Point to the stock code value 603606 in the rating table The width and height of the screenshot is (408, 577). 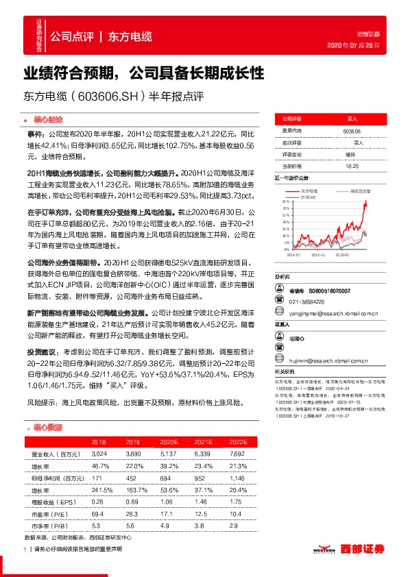(x=352, y=130)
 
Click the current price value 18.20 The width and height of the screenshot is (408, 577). (x=352, y=167)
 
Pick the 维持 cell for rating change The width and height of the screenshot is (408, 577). (x=352, y=154)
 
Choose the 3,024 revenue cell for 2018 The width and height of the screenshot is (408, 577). (x=99, y=454)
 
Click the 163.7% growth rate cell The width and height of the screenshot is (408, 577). (x=134, y=490)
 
